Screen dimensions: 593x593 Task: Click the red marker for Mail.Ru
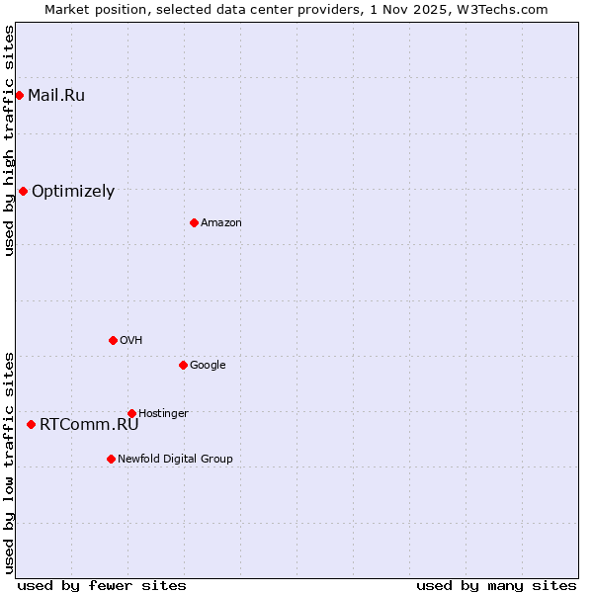point(19,95)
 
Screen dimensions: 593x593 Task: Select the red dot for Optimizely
point(23,191)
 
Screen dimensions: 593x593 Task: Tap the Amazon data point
point(194,222)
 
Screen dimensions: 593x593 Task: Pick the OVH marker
point(113,340)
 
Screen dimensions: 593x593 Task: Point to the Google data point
point(183,365)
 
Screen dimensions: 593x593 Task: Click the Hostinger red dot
point(131,413)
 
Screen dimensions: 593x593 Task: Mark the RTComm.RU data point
point(31,424)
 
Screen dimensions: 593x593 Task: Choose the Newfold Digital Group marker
point(111,459)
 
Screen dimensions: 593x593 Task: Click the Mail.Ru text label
point(56,95)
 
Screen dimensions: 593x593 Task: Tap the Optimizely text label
point(73,191)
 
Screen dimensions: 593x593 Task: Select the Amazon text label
point(221,222)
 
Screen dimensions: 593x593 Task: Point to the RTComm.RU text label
point(89,424)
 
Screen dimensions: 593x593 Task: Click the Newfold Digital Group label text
point(176,459)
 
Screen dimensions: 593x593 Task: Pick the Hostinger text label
point(163,413)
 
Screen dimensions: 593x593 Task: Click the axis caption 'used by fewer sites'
point(102,585)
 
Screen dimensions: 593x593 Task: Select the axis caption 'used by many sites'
point(496,585)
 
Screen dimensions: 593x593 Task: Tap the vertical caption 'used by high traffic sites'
point(9,141)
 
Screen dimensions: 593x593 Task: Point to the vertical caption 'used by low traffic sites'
point(9,463)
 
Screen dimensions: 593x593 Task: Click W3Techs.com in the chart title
point(507,9)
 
